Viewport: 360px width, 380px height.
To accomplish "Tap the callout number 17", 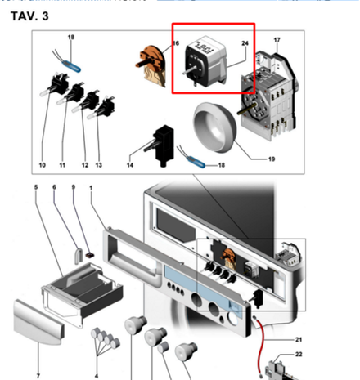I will pos(277,40).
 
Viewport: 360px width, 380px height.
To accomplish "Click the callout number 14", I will pos(130,165).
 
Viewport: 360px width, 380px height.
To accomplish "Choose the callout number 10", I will pos(42,165).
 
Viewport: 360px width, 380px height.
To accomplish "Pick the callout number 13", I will pos(99,165).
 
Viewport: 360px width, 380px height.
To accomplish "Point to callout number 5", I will pos(36,189).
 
